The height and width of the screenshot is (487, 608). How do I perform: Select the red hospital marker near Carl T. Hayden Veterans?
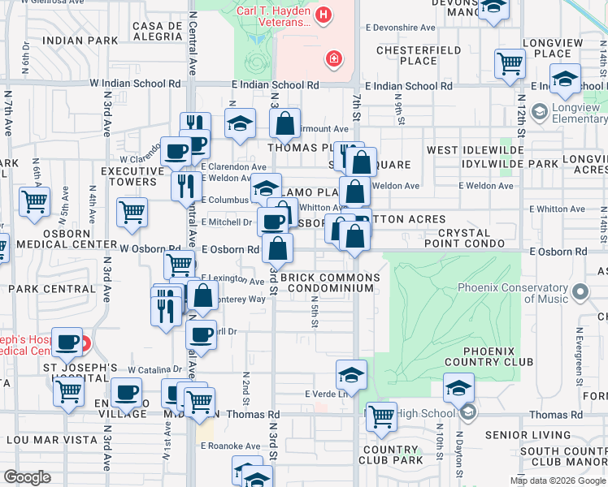tap(332, 58)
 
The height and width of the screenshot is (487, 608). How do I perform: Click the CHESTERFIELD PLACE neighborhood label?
tap(407, 55)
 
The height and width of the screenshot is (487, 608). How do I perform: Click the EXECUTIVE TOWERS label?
tap(132, 176)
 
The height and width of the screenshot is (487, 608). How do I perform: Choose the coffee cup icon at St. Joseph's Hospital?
tap(69, 343)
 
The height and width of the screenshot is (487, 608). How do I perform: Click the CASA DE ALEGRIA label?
tap(162, 32)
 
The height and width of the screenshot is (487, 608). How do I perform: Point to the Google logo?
tap(26, 477)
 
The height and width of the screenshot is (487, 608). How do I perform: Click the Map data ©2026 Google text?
tap(557, 480)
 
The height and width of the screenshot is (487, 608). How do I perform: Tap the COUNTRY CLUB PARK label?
tap(393, 455)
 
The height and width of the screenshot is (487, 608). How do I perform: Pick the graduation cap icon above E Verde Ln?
tap(351, 374)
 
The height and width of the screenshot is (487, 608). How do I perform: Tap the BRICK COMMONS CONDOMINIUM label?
tap(330, 282)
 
